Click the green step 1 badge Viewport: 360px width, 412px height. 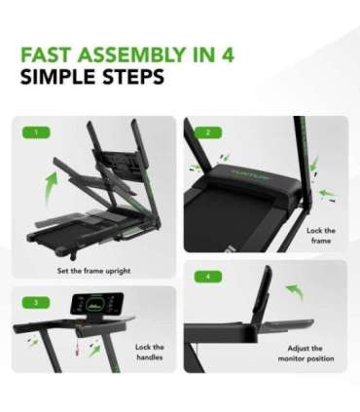[37, 131]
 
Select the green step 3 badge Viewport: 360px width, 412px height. [37, 302]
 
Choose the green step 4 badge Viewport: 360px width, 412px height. [206, 276]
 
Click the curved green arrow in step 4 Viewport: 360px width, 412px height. [293, 293]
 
